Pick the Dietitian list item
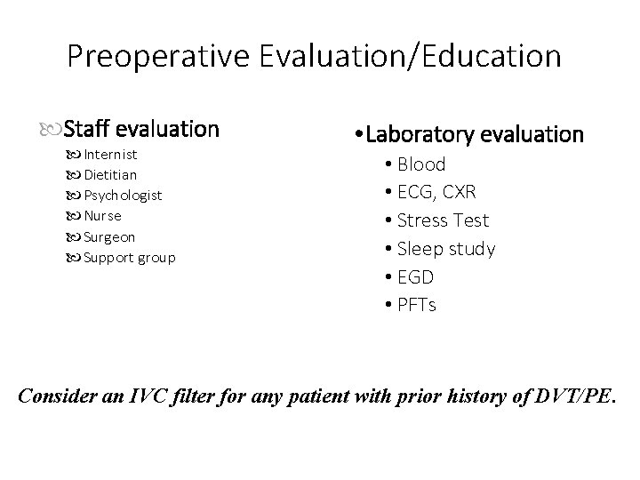click(110, 174)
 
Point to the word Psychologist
click(123, 195)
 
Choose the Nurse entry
click(102, 215)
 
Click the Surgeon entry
click(109, 236)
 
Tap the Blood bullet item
click(421, 164)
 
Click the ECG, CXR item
click(436, 192)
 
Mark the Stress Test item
click(444, 220)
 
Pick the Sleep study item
click(446, 249)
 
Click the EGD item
click(415, 277)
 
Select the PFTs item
click(417, 305)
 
